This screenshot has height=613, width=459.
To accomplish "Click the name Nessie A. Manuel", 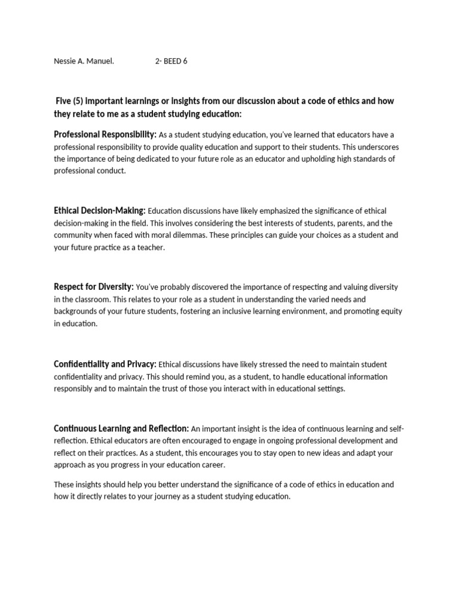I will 84,61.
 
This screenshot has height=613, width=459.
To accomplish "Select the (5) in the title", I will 82,101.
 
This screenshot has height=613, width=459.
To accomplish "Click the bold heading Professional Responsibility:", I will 105,135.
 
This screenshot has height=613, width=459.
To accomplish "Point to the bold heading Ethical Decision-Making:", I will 100,211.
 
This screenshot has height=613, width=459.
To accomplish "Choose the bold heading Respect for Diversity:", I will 94,287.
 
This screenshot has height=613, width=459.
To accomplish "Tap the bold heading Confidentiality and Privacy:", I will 105,364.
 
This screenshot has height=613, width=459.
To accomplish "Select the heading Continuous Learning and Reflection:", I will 121,428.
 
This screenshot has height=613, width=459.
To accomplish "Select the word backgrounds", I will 76,311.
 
